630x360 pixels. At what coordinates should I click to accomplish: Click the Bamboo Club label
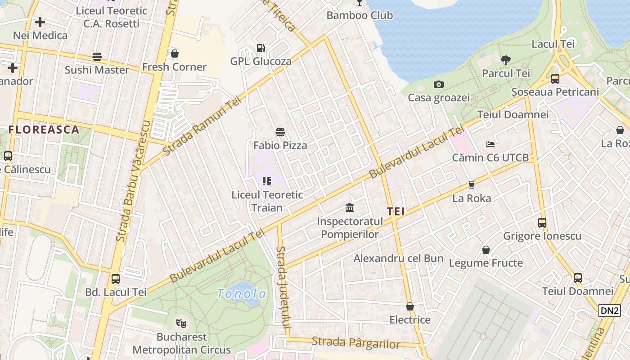[x=360, y=15]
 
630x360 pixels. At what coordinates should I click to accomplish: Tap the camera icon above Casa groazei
[x=438, y=84]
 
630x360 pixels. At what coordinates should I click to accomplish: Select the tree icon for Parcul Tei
[x=506, y=60]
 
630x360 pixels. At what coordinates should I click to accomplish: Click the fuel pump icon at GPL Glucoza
[x=261, y=48]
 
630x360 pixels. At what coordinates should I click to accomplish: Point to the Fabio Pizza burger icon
[x=280, y=132]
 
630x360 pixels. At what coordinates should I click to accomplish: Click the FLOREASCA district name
[x=44, y=130]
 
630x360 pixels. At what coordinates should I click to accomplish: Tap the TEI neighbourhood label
[x=396, y=211]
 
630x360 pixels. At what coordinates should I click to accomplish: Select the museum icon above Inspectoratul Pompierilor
[x=350, y=207]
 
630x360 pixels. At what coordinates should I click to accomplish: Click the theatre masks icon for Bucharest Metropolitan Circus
[x=181, y=323]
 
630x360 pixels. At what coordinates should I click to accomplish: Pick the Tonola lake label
[x=242, y=294]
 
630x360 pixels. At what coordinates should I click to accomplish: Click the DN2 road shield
[x=609, y=310]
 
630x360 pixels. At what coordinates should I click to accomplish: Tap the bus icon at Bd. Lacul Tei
[x=116, y=279]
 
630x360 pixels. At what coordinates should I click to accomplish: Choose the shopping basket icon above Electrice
[x=410, y=306]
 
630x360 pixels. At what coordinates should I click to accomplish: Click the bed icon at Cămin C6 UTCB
[x=490, y=144]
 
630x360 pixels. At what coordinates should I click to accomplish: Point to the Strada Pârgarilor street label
[x=355, y=343]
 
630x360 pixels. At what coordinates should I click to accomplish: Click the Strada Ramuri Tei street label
[x=202, y=127]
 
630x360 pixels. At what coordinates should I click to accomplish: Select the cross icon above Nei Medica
[x=40, y=22]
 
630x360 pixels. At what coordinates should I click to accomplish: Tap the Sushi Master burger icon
[x=97, y=57]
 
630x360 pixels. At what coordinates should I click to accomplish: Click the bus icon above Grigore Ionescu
[x=542, y=222]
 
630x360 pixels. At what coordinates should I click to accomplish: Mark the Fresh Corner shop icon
[x=175, y=54]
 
